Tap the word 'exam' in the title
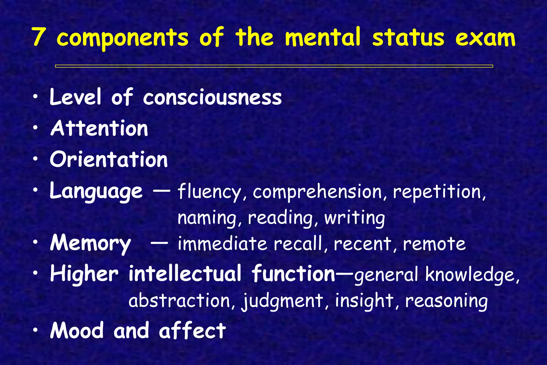(x=485, y=38)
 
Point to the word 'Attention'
(x=99, y=129)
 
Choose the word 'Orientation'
(x=109, y=160)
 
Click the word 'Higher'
(x=84, y=274)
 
